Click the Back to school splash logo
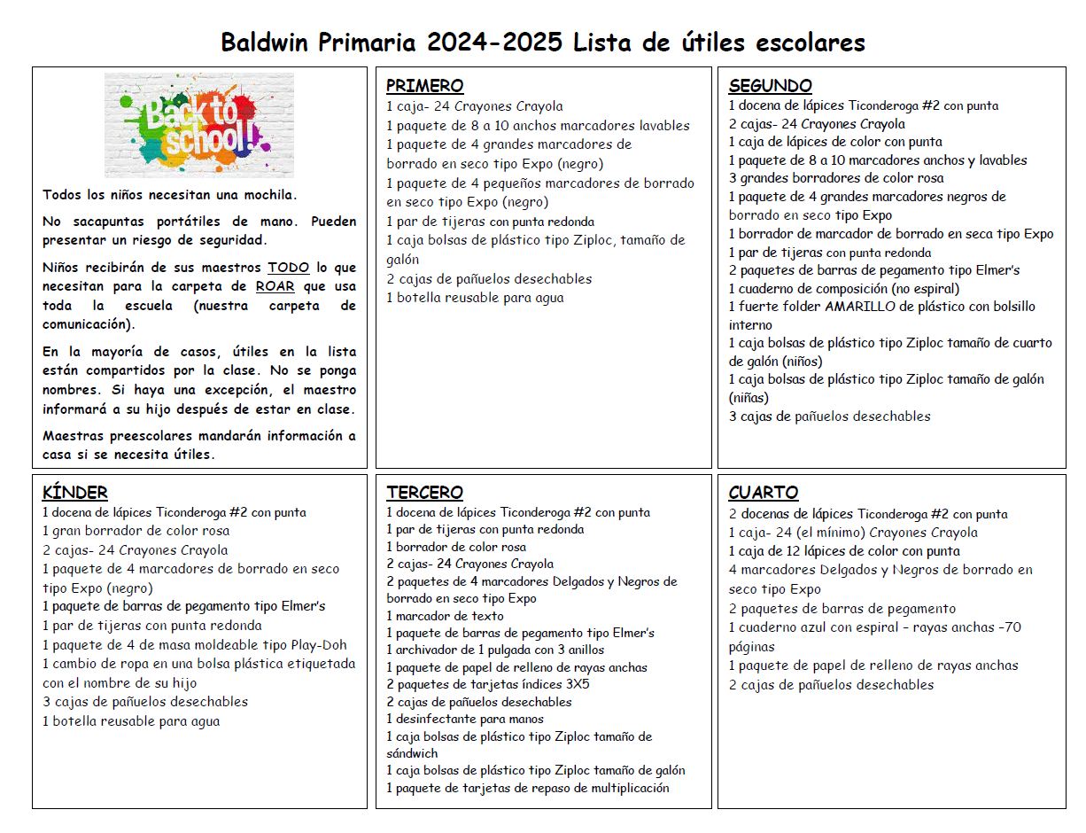pyautogui.click(x=198, y=126)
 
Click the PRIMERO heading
pyautogui.click(x=424, y=86)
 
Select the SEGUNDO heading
pyautogui.click(x=770, y=86)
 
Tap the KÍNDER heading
pyautogui.click(x=75, y=493)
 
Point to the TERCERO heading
pyautogui.click(x=424, y=493)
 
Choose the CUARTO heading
pyautogui.click(x=763, y=493)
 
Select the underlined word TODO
pyautogui.click(x=289, y=268)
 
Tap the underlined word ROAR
pyautogui.click(x=275, y=286)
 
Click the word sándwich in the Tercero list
pyautogui.click(x=412, y=753)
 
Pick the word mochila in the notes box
pyautogui.click(x=268, y=195)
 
